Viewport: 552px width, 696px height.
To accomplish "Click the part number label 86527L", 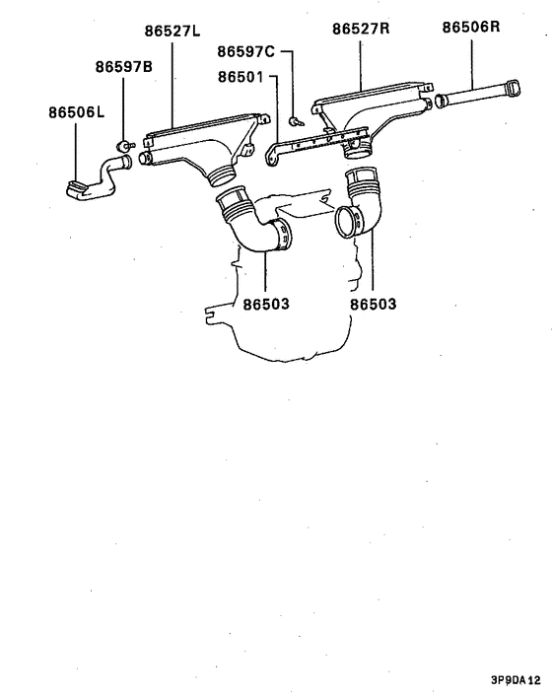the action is coord(172,32).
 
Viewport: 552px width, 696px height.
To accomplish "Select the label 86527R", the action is coord(361,29).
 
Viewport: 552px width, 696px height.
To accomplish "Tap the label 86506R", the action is coord(471,27).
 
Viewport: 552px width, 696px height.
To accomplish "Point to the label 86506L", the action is coord(76,112).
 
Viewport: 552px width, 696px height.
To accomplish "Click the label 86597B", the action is coord(124,67).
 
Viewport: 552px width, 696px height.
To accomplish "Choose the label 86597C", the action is coord(245,52).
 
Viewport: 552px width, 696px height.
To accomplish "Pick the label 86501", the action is coord(241,77).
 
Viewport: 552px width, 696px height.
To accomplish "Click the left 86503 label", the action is coord(266,304).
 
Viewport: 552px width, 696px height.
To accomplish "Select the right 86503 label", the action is coord(374,304).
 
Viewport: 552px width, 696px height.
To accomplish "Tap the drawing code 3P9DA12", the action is coord(516,680).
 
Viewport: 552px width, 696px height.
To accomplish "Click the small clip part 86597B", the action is coord(124,145).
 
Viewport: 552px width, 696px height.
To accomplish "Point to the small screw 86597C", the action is coord(296,120).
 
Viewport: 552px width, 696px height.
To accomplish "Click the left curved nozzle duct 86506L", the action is coord(99,178).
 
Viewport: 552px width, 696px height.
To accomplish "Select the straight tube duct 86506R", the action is coord(477,95).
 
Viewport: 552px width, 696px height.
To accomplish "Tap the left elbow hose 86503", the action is coord(254,222).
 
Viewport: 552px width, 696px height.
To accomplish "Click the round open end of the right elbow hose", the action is coord(347,222).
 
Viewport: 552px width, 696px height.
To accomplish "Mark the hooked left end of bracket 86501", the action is coord(271,156).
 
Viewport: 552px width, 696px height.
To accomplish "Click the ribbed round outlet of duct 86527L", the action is coord(222,175).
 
